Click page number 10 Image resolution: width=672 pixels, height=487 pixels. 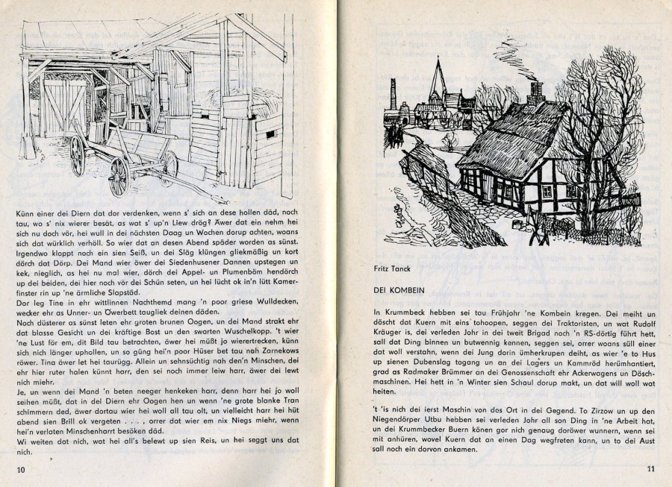(x=21, y=468)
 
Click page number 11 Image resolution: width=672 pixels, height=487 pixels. (x=650, y=468)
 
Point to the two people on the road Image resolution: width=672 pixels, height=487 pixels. (x=402, y=138)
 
